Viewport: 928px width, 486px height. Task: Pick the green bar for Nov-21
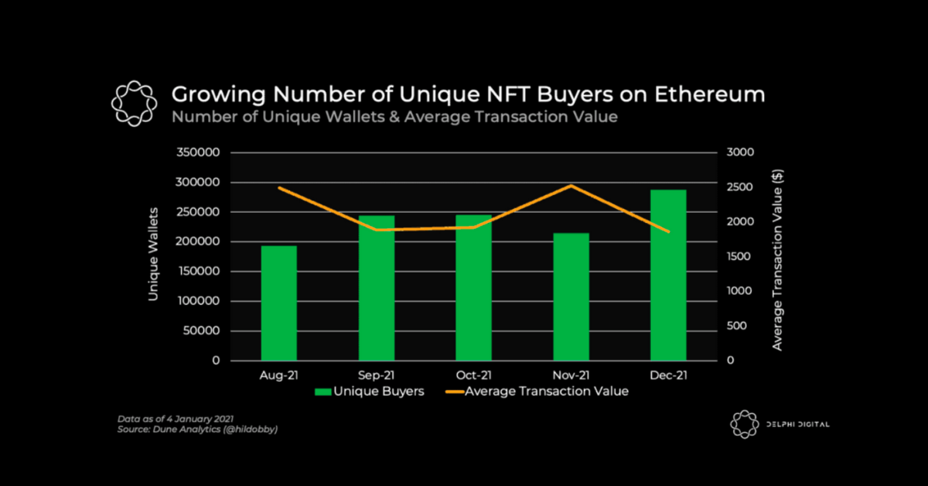click(571, 297)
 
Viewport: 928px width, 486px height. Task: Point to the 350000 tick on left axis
click(200, 153)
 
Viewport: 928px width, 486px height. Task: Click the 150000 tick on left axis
click(200, 272)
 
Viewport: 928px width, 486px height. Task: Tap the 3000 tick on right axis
click(740, 153)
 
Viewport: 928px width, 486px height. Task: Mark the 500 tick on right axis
click(737, 327)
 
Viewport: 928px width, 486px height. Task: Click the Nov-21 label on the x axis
click(571, 375)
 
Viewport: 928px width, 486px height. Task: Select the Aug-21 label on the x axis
click(278, 375)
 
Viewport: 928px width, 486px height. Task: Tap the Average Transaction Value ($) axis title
click(777, 259)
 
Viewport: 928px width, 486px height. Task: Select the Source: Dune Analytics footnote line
click(197, 430)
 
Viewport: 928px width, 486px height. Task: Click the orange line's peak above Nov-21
click(571, 186)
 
